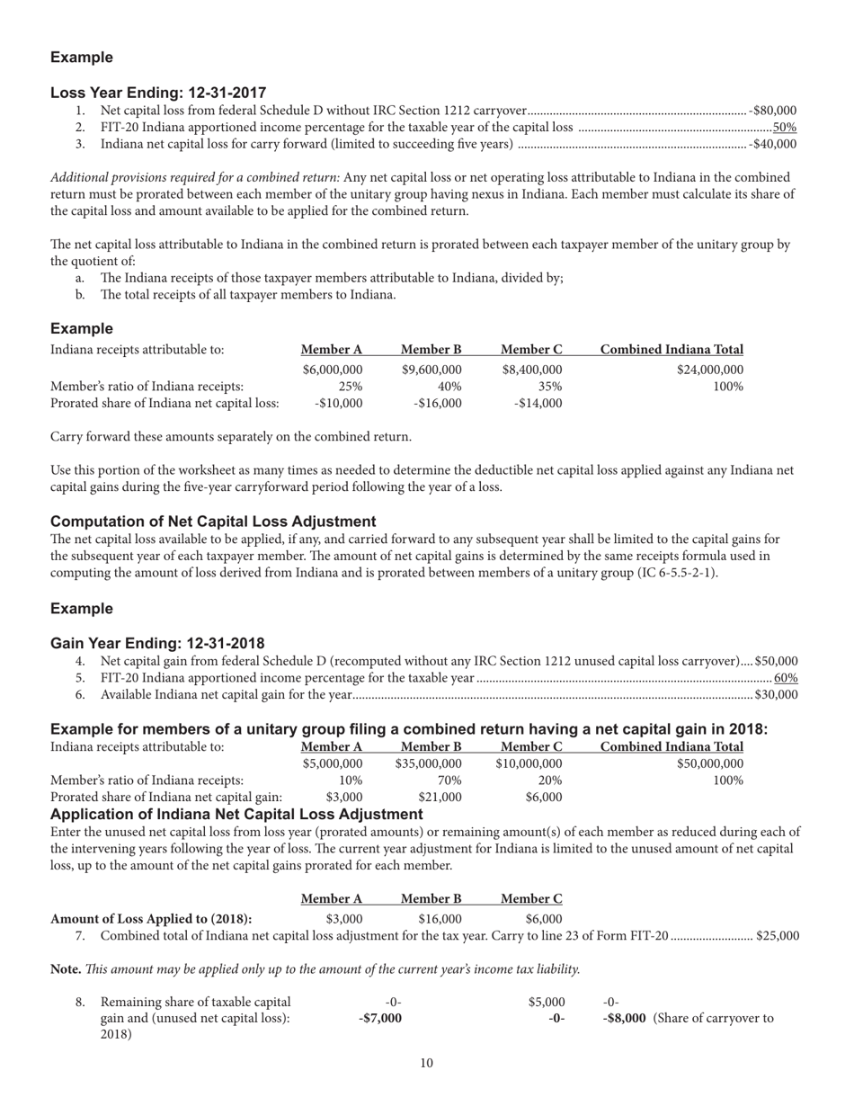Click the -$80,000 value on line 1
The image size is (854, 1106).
point(773,111)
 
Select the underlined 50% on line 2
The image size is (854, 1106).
point(785,127)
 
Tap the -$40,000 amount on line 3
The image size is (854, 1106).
point(773,144)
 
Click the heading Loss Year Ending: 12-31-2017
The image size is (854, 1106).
point(158,93)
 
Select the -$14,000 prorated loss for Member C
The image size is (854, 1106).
point(538,403)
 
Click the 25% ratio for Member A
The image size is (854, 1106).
point(351,386)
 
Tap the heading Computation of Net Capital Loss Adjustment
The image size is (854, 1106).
point(213,522)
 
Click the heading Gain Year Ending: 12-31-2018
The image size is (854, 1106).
point(157,643)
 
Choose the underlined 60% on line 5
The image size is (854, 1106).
point(786,677)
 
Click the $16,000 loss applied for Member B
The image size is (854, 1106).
point(440,918)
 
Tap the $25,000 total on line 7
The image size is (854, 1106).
point(778,935)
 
